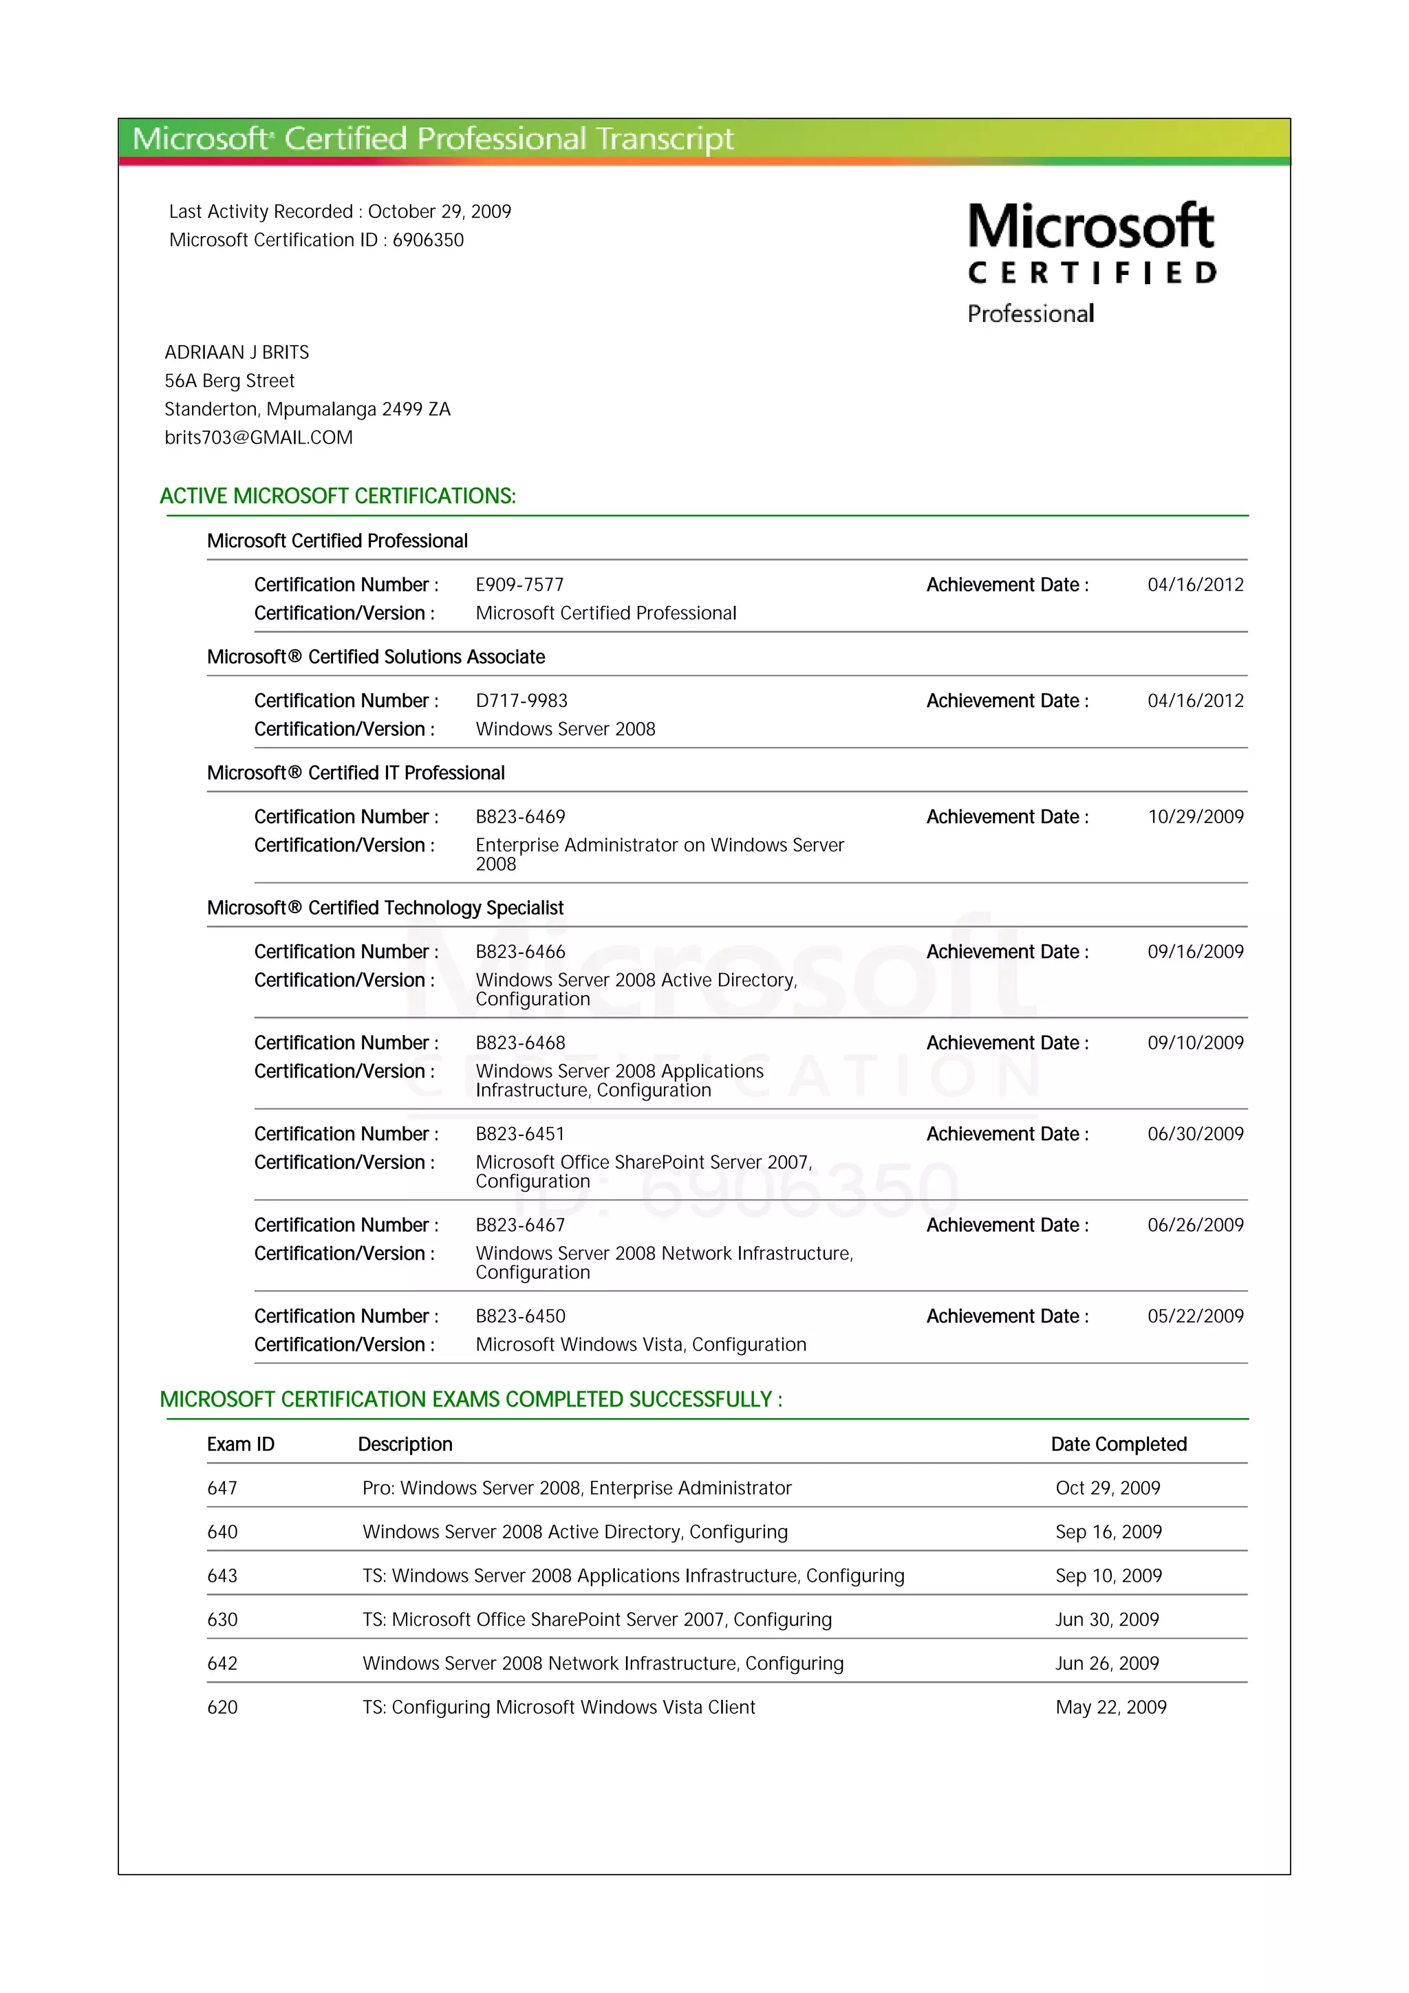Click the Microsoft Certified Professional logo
[x=1091, y=262]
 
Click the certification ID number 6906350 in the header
[x=428, y=241]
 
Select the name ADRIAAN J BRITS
[x=236, y=352]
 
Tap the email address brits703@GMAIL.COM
[x=259, y=437]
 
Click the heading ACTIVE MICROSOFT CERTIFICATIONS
[x=338, y=497]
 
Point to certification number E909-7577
[x=519, y=585]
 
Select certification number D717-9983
[x=521, y=701]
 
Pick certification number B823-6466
[x=520, y=952]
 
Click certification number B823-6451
[x=520, y=1135]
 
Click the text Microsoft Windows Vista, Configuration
[x=641, y=1345]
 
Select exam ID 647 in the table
[x=222, y=1489]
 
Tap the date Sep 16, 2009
[x=1108, y=1532]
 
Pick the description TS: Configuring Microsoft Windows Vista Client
[x=558, y=1708]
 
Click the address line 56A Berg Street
[x=229, y=381]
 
